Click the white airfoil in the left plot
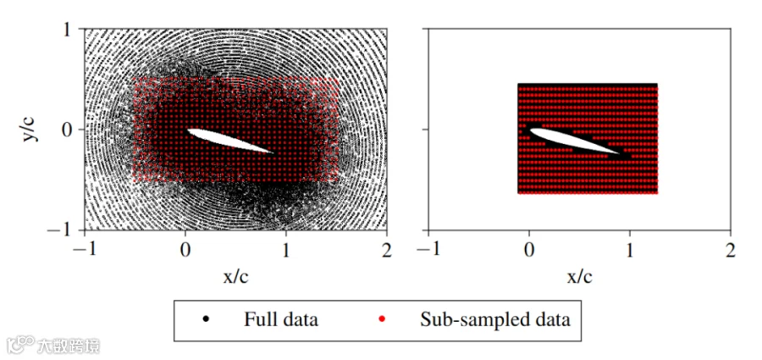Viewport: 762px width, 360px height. click(x=229, y=141)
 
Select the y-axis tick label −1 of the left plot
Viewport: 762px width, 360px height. click(x=62, y=230)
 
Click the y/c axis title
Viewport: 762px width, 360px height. click(x=30, y=129)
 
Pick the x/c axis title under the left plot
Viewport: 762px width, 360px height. click(x=235, y=276)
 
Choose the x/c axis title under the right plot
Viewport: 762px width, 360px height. click(x=579, y=276)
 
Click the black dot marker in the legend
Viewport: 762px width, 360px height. click(x=207, y=319)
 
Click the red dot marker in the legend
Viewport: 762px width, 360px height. click(x=382, y=319)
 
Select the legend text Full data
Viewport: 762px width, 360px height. click(x=281, y=319)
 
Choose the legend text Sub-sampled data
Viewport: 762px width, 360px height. click(x=495, y=320)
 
